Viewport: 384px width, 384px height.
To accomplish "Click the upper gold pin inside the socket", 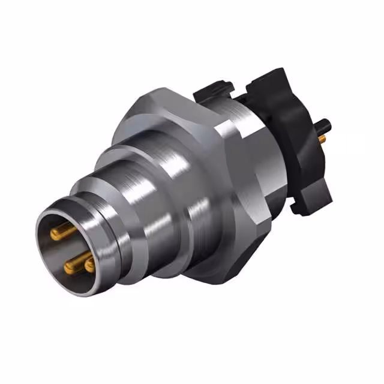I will (62, 232).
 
